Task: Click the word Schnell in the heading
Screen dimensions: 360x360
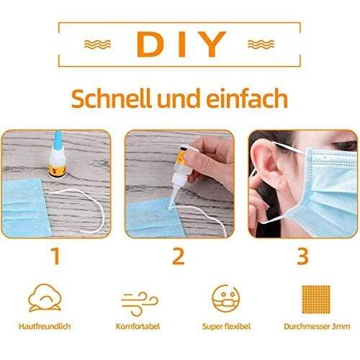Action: coord(112,98)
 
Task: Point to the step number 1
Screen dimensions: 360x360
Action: coord(55,256)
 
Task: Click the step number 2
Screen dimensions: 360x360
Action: coord(179,256)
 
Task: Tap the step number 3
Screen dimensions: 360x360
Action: coord(302,256)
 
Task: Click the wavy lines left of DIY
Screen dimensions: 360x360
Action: coord(97,45)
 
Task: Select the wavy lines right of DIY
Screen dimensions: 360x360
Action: coord(261,45)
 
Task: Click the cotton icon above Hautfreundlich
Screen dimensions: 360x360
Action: coord(45,298)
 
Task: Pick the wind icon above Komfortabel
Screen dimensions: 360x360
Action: coord(140,304)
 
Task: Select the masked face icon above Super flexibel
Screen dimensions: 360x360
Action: coord(226,298)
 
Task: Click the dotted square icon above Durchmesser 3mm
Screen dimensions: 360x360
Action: coord(316,300)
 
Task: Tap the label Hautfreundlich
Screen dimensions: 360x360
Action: coord(45,326)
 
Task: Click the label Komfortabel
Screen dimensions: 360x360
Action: coord(138,326)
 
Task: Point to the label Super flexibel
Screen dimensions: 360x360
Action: coord(226,327)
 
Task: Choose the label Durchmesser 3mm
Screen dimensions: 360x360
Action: coord(317,326)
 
